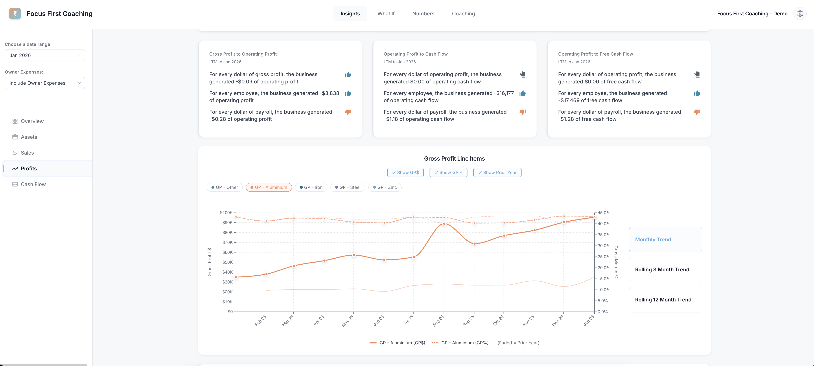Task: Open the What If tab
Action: click(386, 14)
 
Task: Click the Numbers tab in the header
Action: click(423, 14)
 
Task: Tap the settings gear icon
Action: click(800, 14)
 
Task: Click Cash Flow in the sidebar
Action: click(33, 184)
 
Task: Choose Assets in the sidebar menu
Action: click(29, 137)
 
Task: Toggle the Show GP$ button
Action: click(405, 173)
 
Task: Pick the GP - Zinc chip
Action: click(385, 187)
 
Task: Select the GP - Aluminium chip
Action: click(269, 187)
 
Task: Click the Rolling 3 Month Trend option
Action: click(665, 270)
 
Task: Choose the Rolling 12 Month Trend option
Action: click(665, 300)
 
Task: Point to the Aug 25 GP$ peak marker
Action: click(444, 224)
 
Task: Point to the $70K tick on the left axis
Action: click(228, 242)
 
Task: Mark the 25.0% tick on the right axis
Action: click(604, 257)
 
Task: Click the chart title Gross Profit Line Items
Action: click(454, 159)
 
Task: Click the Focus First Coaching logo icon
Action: click(15, 14)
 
